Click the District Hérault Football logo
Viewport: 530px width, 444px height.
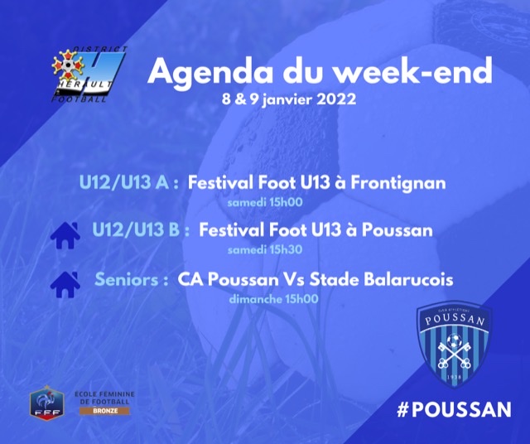point(89,75)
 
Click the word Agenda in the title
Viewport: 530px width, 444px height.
point(210,72)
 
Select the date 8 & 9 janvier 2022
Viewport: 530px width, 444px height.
point(289,99)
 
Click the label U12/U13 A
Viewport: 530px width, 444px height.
point(129,182)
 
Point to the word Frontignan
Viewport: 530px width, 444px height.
point(397,184)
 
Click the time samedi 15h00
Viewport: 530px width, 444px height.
point(265,203)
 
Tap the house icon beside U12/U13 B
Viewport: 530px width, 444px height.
point(65,235)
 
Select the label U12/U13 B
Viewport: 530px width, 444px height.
point(141,230)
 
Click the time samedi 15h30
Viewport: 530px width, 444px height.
point(265,250)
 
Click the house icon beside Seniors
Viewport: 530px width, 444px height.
point(65,284)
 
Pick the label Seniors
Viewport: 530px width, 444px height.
point(132,280)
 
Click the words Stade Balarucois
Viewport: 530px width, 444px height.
point(381,280)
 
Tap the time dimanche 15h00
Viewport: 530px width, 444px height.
point(274,299)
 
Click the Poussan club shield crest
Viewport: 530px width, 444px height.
point(454,344)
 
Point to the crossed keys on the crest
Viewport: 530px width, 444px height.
point(454,355)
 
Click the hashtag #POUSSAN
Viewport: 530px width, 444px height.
point(454,409)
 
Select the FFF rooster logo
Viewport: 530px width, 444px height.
point(47,402)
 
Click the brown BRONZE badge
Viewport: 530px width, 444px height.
point(105,411)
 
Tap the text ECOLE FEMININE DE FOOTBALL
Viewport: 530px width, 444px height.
point(105,398)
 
